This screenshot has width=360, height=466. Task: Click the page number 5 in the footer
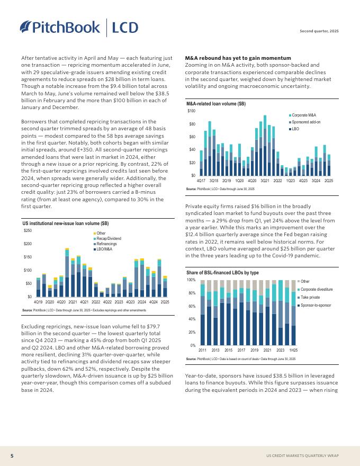tap(12, 455)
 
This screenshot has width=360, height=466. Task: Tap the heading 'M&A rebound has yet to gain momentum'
tap(238, 58)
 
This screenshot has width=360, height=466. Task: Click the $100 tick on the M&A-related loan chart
tap(191, 111)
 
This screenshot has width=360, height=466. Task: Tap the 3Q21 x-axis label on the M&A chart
tap(265, 181)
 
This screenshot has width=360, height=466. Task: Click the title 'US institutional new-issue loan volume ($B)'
tap(66, 223)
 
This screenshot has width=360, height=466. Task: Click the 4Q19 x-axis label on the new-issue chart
tap(38, 301)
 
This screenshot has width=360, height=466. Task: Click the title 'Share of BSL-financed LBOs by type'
tap(222, 272)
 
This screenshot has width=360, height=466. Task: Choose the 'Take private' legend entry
tap(312, 298)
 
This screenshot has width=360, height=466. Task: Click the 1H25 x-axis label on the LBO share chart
tap(293, 351)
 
